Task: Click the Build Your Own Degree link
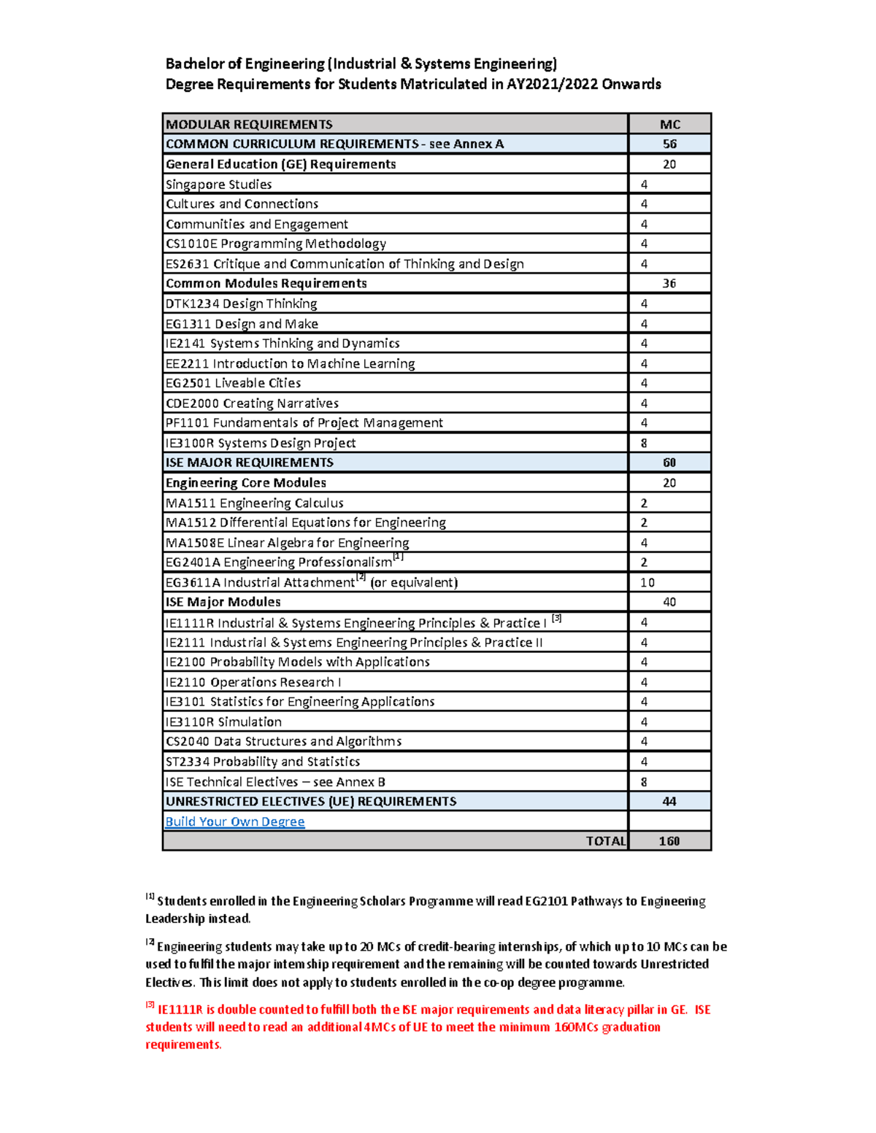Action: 234,821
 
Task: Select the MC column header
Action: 669,124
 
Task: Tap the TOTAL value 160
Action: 669,841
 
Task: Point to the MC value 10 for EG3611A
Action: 648,582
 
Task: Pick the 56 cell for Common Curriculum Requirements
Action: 669,144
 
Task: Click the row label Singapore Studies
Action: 218,185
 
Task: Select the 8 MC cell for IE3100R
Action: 644,443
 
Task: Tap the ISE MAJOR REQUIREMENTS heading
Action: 249,463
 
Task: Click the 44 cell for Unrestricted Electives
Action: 669,802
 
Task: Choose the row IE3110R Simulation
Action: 223,722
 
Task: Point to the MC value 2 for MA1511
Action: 644,503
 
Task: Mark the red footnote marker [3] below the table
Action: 150,1005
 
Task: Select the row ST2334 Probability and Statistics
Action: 263,762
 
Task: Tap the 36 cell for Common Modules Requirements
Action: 669,283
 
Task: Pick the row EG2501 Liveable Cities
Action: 233,383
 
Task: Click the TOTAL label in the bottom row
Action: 605,841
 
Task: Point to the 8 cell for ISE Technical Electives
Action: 644,782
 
